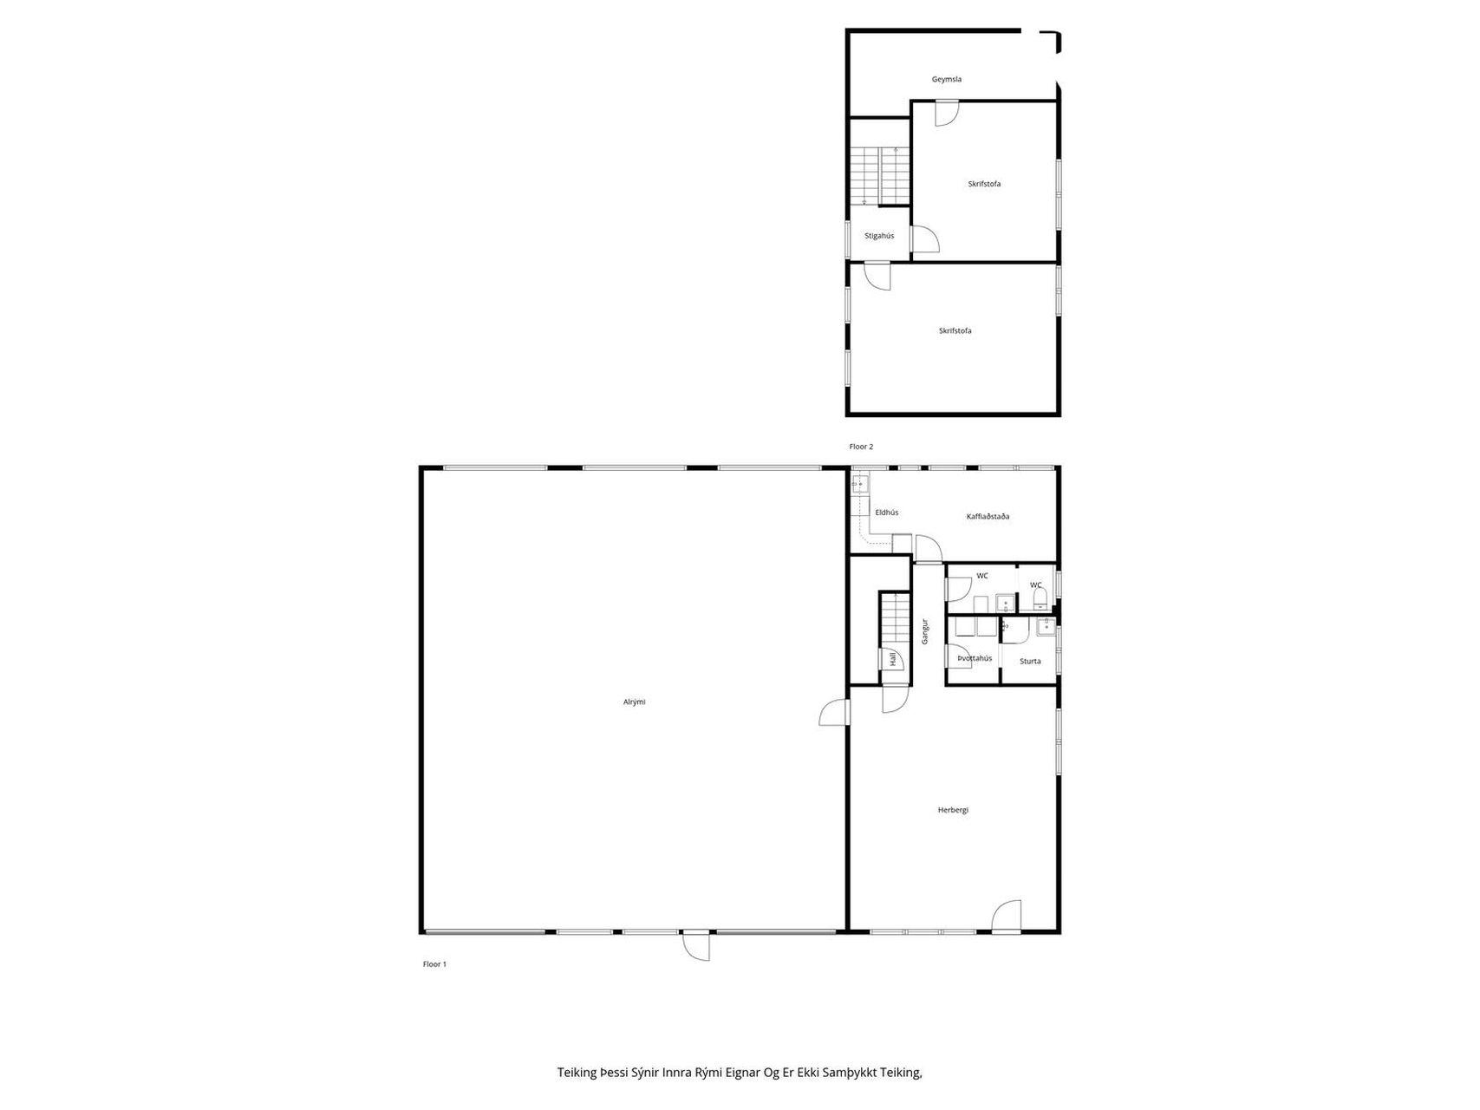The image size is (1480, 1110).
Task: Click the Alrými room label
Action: [x=634, y=702]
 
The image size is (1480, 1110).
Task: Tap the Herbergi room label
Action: [x=953, y=810]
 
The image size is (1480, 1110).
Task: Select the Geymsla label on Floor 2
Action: [x=947, y=79]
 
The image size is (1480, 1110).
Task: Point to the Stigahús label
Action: [x=879, y=236]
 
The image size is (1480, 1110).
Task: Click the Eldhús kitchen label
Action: [x=886, y=513]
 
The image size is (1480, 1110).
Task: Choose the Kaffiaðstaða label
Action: [x=988, y=517]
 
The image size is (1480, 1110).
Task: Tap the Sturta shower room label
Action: [x=1030, y=662]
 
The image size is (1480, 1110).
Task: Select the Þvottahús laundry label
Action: [x=975, y=658]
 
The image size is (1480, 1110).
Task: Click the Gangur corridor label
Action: [x=925, y=630]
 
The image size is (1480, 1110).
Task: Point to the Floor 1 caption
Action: [x=434, y=964]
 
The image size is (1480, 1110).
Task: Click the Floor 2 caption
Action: [x=861, y=447]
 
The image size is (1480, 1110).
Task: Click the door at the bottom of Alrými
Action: [x=696, y=945]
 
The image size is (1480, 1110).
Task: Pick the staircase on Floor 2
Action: [x=879, y=176]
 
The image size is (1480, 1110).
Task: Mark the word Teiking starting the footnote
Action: [x=577, y=1073]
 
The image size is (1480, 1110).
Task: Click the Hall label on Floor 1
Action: [x=892, y=660]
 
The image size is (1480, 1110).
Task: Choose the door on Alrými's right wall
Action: [x=834, y=712]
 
